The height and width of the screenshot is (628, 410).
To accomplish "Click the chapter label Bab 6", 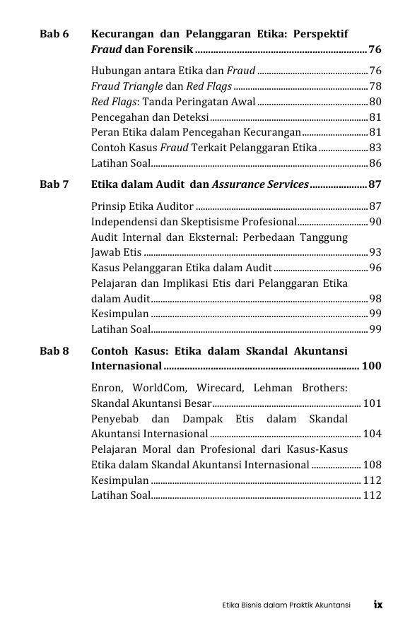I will point(54,34).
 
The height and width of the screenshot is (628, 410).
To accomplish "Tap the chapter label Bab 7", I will point(54,184).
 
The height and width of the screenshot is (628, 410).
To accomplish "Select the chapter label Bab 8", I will point(54,350).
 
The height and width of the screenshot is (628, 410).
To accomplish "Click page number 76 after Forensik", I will point(375,49).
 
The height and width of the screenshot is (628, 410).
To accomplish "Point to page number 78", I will point(375,86).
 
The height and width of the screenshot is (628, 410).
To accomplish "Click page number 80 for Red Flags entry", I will point(375,102).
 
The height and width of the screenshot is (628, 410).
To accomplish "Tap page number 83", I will point(375,148).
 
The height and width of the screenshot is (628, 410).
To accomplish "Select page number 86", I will point(375,163).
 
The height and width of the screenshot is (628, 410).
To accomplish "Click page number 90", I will point(375,222).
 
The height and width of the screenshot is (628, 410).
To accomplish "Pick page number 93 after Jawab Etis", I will point(375,252).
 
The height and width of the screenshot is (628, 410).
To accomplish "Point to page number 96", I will point(375,268).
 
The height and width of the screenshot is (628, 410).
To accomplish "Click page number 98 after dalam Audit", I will point(375,298).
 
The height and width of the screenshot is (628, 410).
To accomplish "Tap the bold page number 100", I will point(371,366).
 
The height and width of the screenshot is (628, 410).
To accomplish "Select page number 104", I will point(372,433).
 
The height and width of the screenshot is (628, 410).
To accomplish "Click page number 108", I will point(372,464).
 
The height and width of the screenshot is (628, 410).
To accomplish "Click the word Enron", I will point(107,388).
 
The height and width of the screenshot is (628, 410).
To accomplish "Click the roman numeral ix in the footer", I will point(378,605).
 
